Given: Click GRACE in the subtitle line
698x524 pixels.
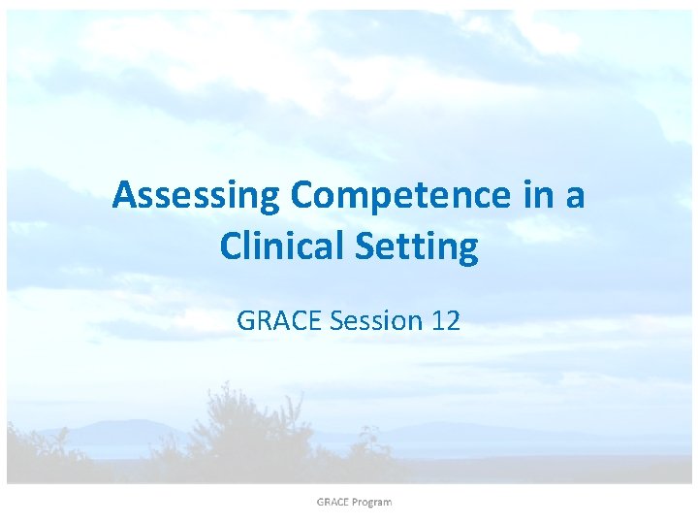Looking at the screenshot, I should pos(279,321).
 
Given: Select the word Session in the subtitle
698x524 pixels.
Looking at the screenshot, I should pos(375,321).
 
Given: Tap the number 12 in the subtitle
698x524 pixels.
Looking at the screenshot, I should pos(445,321).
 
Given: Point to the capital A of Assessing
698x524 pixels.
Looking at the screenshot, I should pos(124,196).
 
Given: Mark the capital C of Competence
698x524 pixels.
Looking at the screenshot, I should pos(302,196).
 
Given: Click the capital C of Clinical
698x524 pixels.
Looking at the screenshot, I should pos(232,246).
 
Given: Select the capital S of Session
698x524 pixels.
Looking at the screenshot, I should pos(338,321).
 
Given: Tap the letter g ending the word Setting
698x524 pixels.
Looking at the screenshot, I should pos(467,250).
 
